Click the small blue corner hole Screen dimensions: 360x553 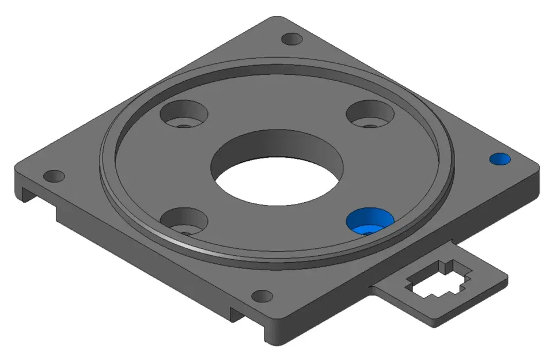(x=499, y=159)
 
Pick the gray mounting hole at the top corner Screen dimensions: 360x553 (x=292, y=40)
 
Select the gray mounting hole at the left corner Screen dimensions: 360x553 (x=54, y=176)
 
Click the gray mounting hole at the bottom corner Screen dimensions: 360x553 (x=263, y=297)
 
